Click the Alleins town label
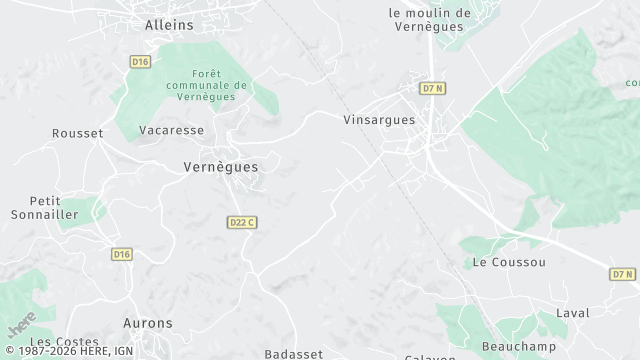coord(169,24)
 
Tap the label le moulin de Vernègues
coord(429,20)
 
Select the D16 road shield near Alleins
coord(139,62)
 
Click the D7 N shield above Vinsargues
coord(432,88)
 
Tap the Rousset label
coord(78,133)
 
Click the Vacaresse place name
coord(172,130)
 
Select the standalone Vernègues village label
coord(221,167)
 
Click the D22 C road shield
coord(242,222)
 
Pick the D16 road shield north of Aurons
coord(121,254)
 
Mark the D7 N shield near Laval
coord(623,274)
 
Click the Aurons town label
coord(147,323)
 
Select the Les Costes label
coord(57,342)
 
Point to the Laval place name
coord(572,313)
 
